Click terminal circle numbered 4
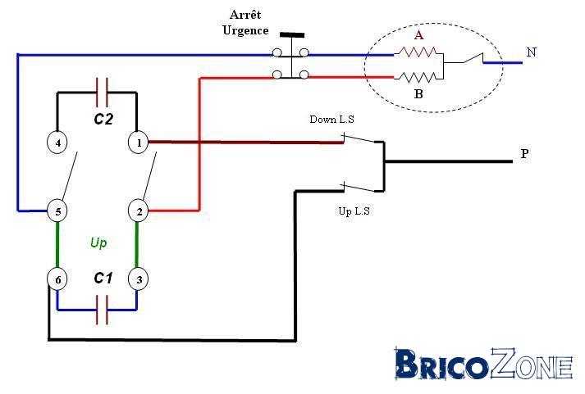(x=57, y=143)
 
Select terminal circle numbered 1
(x=139, y=143)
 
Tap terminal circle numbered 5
(x=57, y=211)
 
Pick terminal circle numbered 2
(x=139, y=211)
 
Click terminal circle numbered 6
(x=57, y=279)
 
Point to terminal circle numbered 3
(x=139, y=279)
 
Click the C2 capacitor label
(x=103, y=119)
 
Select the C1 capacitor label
(x=103, y=278)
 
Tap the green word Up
(x=98, y=242)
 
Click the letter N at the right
(x=532, y=52)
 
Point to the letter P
(x=524, y=153)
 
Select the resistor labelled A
(x=415, y=52)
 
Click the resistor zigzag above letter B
(x=415, y=78)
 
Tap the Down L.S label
(x=331, y=119)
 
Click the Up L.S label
(x=354, y=211)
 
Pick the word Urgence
(x=245, y=30)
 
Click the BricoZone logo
(x=484, y=364)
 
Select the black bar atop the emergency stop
(x=292, y=35)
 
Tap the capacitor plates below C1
(x=102, y=310)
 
